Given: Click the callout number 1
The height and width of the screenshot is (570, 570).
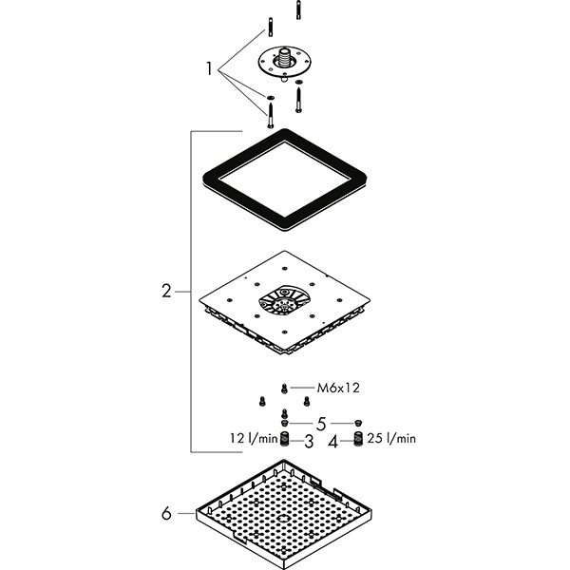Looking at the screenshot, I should pyautogui.click(x=211, y=68).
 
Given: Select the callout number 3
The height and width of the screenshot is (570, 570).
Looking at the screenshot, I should pyautogui.click(x=309, y=441).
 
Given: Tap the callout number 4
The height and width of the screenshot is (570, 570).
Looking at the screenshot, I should pyautogui.click(x=332, y=441).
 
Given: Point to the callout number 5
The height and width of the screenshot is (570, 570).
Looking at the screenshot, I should pyautogui.click(x=321, y=424).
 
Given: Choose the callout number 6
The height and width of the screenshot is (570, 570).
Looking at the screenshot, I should pyautogui.click(x=167, y=514).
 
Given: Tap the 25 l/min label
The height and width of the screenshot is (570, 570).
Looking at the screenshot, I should pyautogui.click(x=391, y=439).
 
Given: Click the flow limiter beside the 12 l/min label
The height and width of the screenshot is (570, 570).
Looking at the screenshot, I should pyautogui.click(x=285, y=439).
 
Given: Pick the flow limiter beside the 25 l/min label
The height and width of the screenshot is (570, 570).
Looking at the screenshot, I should pyautogui.click(x=358, y=439).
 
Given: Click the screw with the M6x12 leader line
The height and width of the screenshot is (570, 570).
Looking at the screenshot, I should pyautogui.click(x=284, y=388).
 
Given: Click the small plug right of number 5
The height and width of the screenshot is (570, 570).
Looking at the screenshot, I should pyautogui.click(x=358, y=422).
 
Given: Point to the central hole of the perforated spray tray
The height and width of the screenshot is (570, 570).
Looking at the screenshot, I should pyautogui.click(x=282, y=520).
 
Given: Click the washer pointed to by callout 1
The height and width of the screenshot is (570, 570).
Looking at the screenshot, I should pyautogui.click(x=271, y=98).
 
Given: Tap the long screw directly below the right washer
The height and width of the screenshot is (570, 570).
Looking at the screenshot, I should pyautogui.click(x=297, y=98).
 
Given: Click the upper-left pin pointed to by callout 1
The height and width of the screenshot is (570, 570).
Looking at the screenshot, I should pyautogui.click(x=271, y=27).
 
